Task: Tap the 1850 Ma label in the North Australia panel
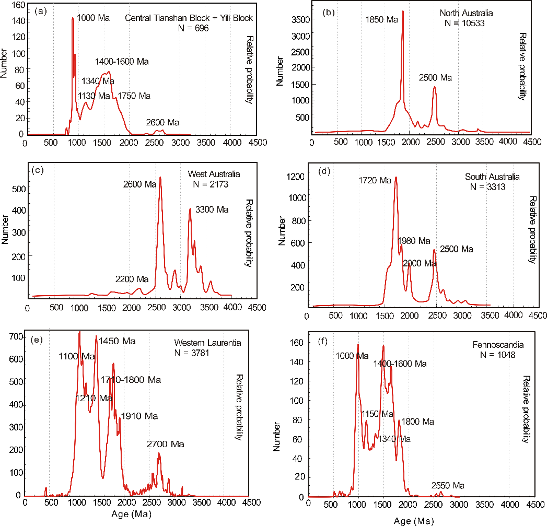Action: click(x=382, y=20)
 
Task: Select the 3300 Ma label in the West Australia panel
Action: click(x=212, y=210)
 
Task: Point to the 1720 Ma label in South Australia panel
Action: click(x=375, y=181)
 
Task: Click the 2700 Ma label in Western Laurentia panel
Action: click(x=166, y=445)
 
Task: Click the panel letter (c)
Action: click(x=37, y=170)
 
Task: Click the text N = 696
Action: click(x=193, y=28)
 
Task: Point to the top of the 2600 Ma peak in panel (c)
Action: click(x=160, y=177)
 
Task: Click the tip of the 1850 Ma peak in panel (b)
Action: click(x=403, y=11)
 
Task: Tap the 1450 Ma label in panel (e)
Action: click(x=117, y=341)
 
